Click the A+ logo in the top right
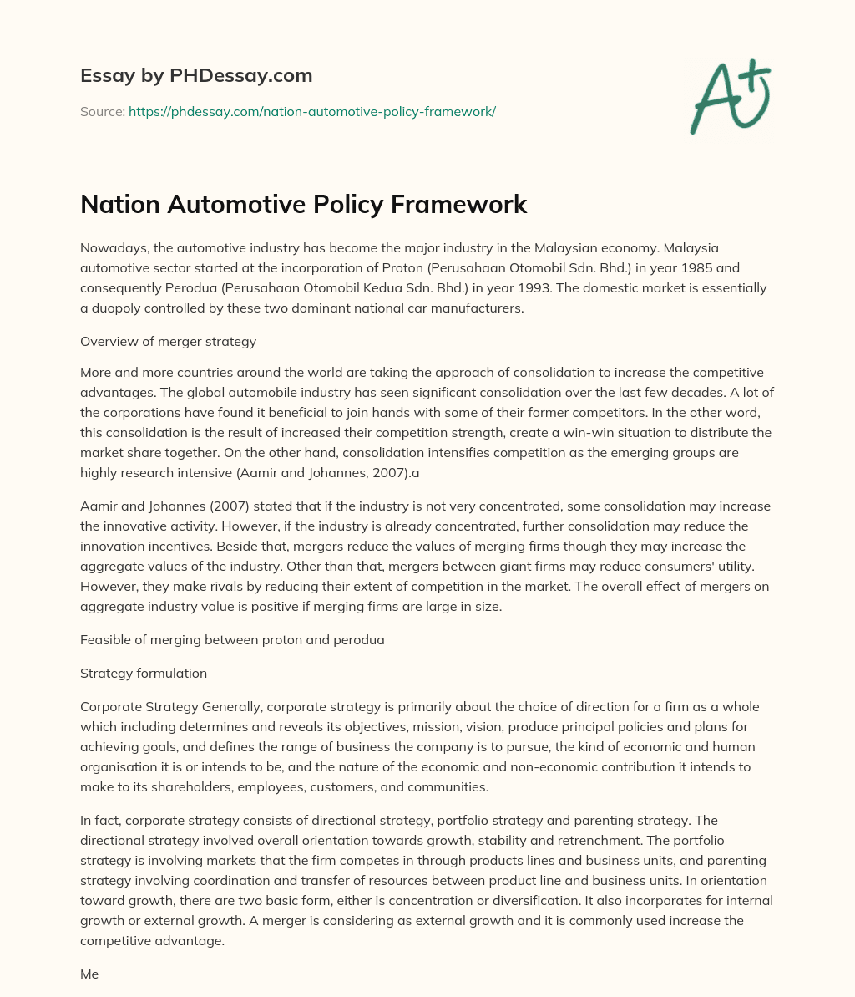pos(729,99)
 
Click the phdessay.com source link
pos(311,111)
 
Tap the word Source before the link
pos(101,111)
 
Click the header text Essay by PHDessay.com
pos(196,76)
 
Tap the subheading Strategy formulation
pos(144,673)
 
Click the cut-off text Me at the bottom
pos(89,974)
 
